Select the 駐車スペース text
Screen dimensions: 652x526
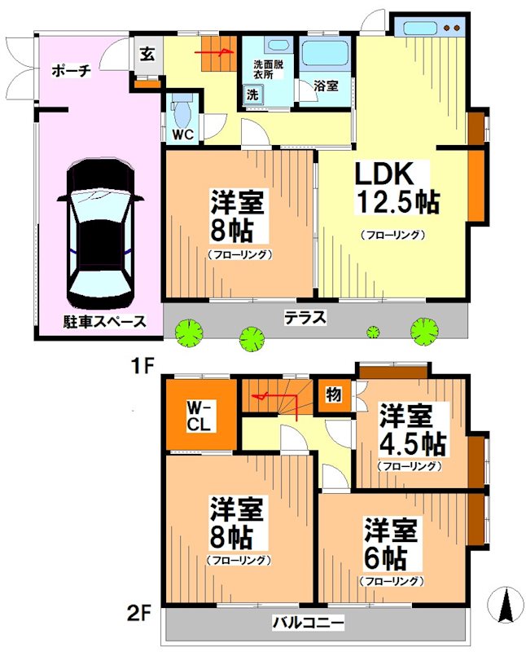click(93, 321)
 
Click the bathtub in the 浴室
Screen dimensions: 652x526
click(325, 57)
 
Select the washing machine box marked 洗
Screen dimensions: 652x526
click(252, 95)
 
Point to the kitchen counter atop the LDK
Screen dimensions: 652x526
click(430, 26)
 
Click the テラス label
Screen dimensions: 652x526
click(305, 318)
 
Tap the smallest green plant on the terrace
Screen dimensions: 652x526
click(373, 332)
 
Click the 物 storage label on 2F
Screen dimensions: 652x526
click(335, 394)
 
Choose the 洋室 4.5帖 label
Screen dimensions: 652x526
click(410, 432)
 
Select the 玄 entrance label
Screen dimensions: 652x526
click(147, 55)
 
